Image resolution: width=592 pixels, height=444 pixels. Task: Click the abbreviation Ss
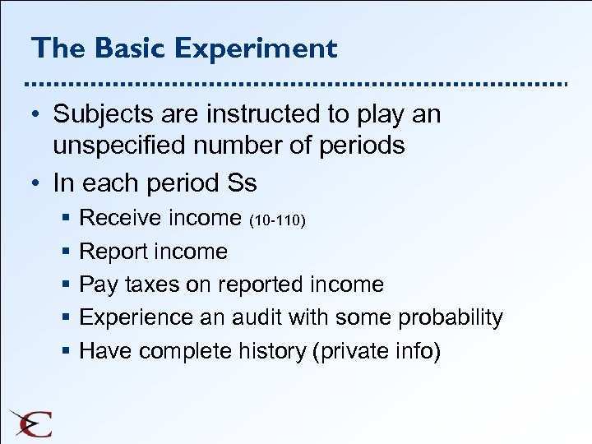[238, 181]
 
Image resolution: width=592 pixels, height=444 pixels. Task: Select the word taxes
[149, 284]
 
